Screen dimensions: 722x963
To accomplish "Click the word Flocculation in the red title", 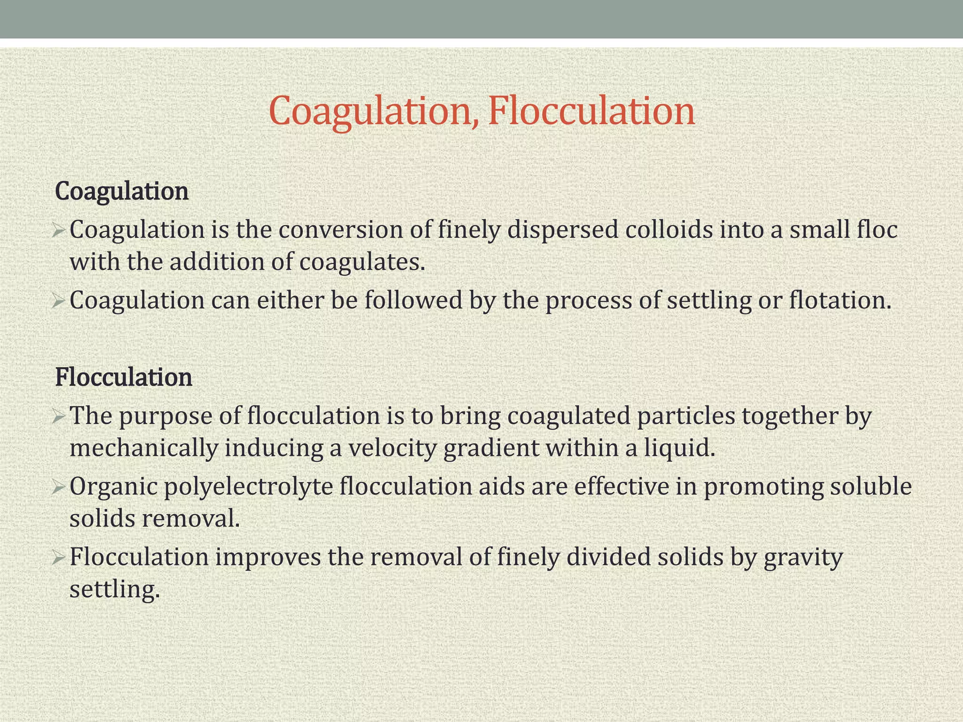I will click(592, 111).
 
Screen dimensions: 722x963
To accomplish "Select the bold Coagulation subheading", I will click(122, 191).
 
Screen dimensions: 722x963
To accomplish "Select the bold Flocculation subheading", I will click(124, 377).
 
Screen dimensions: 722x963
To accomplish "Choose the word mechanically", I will click(143, 448).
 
